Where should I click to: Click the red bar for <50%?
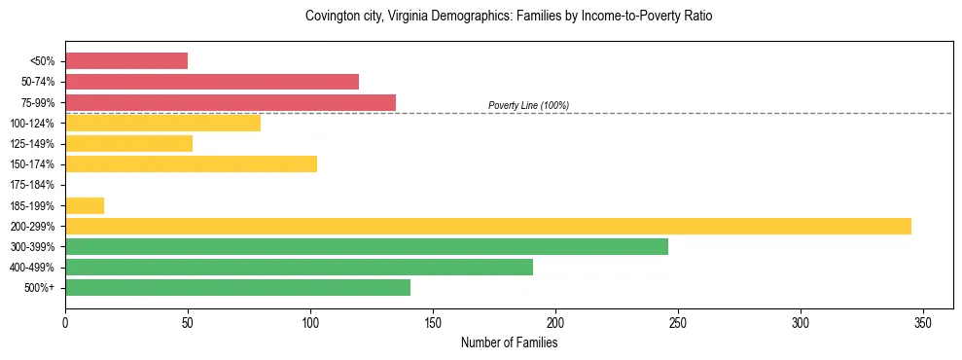(126, 60)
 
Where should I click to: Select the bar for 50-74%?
(212, 82)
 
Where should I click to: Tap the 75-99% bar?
(231, 102)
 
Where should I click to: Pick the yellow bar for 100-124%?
(162, 123)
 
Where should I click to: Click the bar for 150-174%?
(191, 163)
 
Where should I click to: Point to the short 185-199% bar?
(85, 205)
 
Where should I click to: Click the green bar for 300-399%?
(367, 246)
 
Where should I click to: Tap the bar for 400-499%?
(299, 267)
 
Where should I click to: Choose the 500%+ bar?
(237, 287)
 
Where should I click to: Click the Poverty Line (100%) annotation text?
(528, 105)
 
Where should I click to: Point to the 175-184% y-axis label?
(32, 185)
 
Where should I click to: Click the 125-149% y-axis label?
(32, 144)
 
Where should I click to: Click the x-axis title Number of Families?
(509, 342)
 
